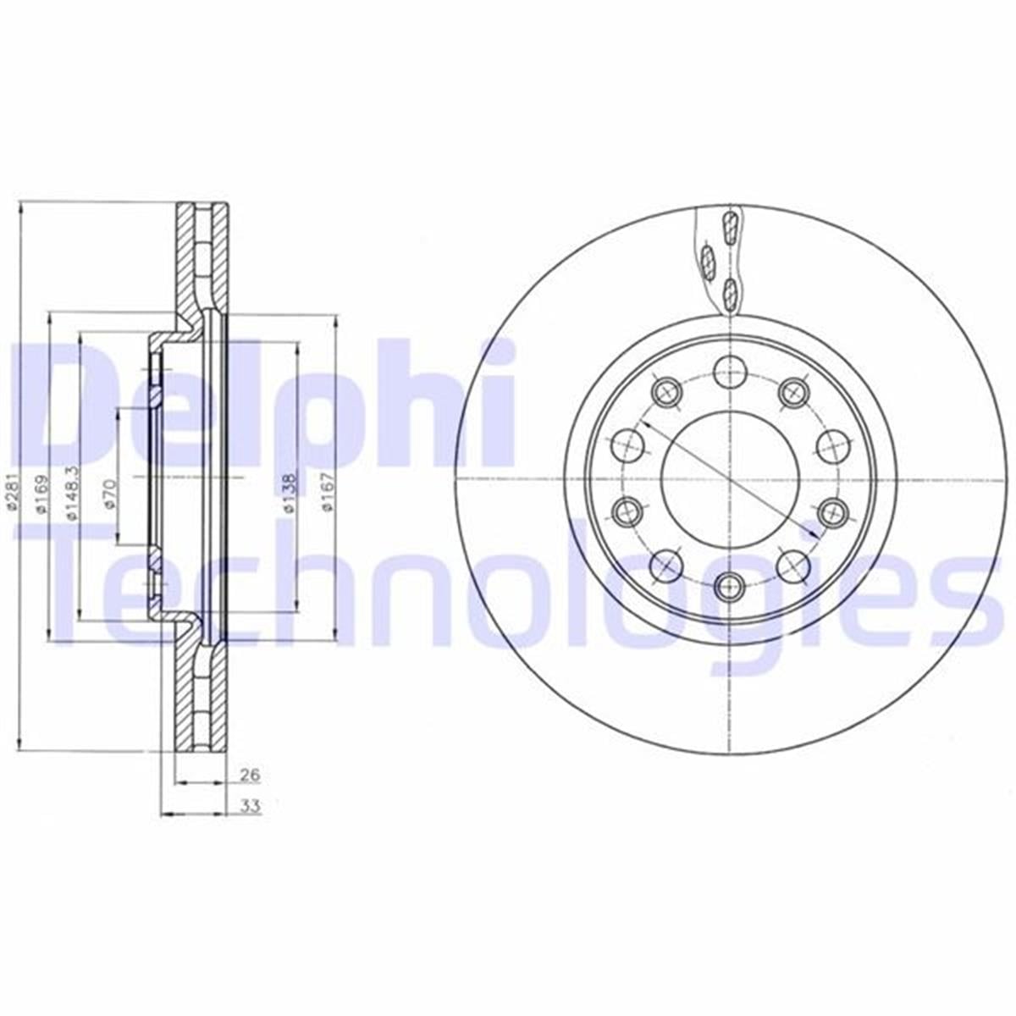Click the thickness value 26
pyautogui.click(x=249, y=775)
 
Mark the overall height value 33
pyautogui.click(x=249, y=807)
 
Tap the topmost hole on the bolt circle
pyautogui.click(x=730, y=369)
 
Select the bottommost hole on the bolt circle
pyautogui.click(x=730, y=584)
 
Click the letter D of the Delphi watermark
pyautogui.click(x=68, y=406)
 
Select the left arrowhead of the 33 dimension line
pyautogui.click(x=164, y=814)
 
